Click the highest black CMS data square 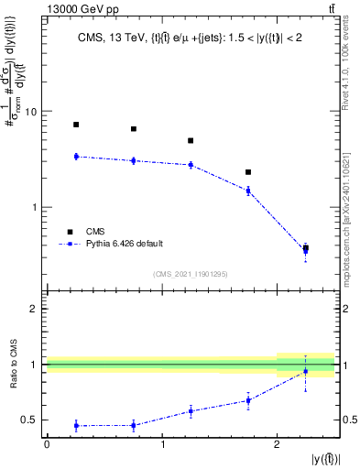pos(76,125)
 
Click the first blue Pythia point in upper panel pos(76,157)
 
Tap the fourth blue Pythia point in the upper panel pos(247,191)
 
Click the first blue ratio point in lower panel pos(76,425)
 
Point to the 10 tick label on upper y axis pos(29,112)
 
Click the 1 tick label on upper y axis pos(33,207)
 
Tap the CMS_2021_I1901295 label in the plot pos(190,274)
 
